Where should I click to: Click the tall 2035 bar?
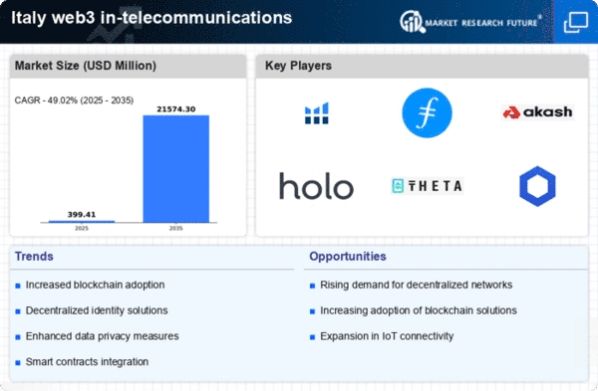click(x=175, y=169)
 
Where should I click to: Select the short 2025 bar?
click(x=82, y=221)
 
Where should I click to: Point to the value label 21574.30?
click(x=176, y=109)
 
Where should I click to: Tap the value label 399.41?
click(x=82, y=214)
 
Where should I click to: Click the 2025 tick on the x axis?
click(x=82, y=228)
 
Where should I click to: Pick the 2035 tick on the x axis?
click(x=175, y=228)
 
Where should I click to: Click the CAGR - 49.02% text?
click(x=46, y=100)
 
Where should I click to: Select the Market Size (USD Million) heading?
click(x=86, y=66)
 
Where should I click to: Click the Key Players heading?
click(x=298, y=66)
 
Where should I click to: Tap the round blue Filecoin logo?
click(x=428, y=112)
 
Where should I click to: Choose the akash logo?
click(x=538, y=112)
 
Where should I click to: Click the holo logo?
click(x=316, y=186)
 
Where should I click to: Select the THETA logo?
click(x=428, y=186)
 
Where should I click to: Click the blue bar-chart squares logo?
click(x=317, y=113)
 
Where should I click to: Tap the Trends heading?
click(x=34, y=257)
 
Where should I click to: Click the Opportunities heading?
click(x=348, y=257)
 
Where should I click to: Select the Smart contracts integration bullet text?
click(x=87, y=362)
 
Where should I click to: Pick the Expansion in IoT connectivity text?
click(x=387, y=336)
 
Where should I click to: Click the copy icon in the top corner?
click(x=576, y=22)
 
